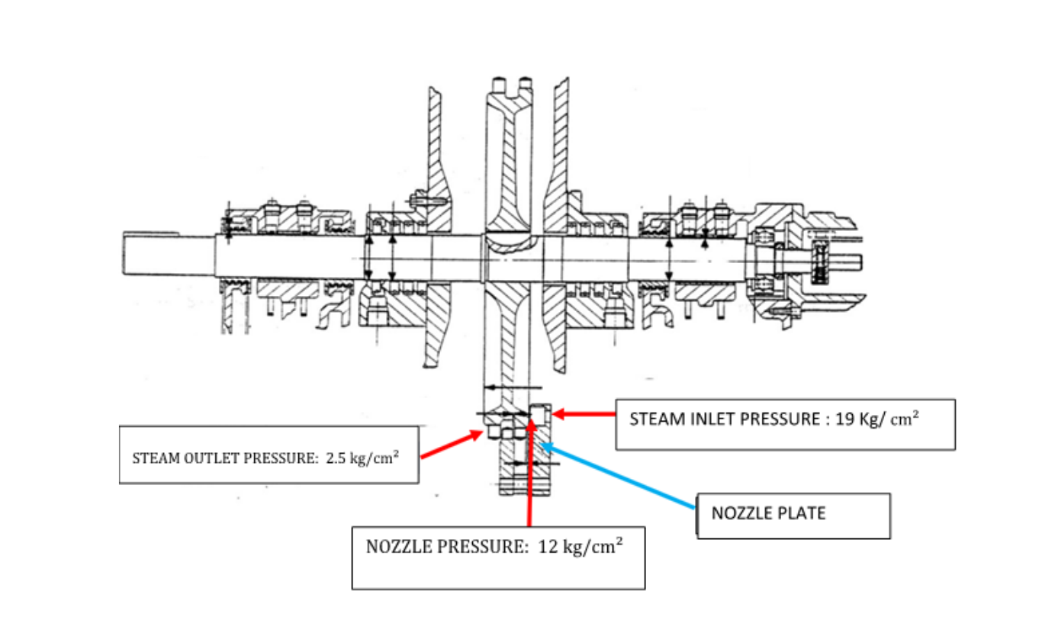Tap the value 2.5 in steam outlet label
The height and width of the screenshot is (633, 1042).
(333, 459)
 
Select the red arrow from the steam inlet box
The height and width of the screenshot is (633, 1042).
(584, 414)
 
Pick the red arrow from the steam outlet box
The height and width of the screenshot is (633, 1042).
(446, 446)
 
